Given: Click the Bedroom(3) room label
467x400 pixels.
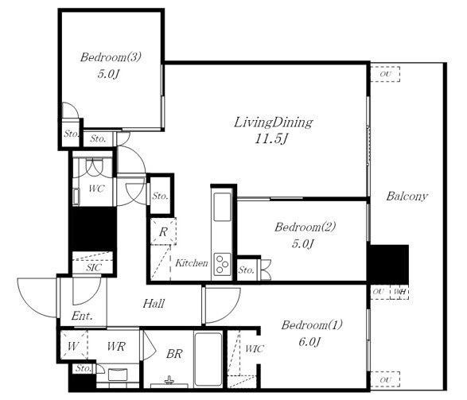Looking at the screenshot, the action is pyautogui.click(x=111, y=56).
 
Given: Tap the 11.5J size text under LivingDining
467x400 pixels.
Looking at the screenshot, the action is pyautogui.click(x=271, y=138).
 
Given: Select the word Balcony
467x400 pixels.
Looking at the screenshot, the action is pyautogui.click(x=407, y=196).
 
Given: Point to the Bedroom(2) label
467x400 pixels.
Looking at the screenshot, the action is pyautogui.click(x=305, y=227).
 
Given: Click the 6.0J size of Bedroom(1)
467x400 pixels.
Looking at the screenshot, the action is pyautogui.click(x=309, y=342).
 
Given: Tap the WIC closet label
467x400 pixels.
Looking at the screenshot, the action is pyautogui.click(x=255, y=349).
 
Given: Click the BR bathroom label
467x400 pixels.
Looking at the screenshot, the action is pyautogui.click(x=174, y=354).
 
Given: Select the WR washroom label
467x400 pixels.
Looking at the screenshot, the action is pyautogui.click(x=116, y=347).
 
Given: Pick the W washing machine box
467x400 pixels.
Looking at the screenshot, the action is pyautogui.click(x=73, y=345).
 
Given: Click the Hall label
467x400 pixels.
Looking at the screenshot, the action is pyautogui.click(x=154, y=304).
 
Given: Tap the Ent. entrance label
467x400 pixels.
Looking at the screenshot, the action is pyautogui.click(x=82, y=316).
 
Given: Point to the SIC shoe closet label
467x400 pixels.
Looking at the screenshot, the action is pyautogui.click(x=94, y=267).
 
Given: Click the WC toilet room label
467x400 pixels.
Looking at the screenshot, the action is pyautogui.click(x=96, y=188).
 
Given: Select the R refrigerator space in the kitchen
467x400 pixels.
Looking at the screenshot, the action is pyautogui.click(x=163, y=231).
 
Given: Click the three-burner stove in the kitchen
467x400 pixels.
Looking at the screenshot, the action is pyautogui.click(x=223, y=264).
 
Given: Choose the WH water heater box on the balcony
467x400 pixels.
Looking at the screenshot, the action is pyautogui.click(x=399, y=292).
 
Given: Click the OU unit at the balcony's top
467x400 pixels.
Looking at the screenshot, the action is pyautogui.click(x=385, y=74).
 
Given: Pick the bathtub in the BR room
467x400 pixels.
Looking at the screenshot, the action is pyautogui.click(x=208, y=359).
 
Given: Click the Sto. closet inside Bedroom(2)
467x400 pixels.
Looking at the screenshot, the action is pyautogui.click(x=247, y=270).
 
